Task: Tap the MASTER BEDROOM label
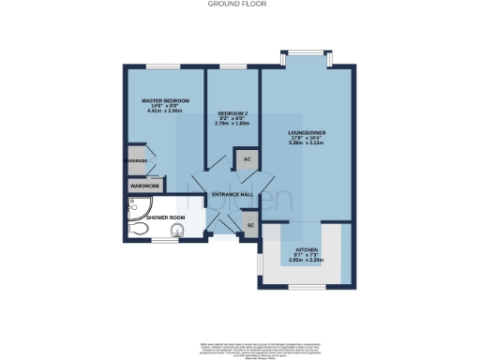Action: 165,100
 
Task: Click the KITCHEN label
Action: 307,248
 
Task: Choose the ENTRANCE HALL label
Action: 232,194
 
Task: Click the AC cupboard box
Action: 247,159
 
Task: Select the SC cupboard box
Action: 250,225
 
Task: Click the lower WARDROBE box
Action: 143,186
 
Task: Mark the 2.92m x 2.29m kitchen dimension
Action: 307,260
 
